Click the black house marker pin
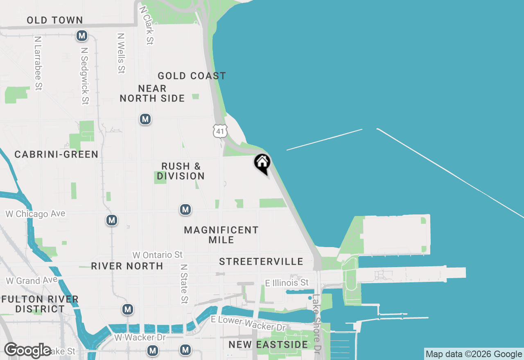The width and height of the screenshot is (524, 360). pyautogui.click(x=262, y=163)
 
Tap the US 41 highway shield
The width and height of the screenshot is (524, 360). pyautogui.click(x=220, y=130)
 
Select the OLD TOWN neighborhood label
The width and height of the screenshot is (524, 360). pyautogui.click(x=54, y=20)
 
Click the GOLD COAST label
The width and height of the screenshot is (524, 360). pyautogui.click(x=192, y=76)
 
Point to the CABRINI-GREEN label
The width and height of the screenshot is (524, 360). pyautogui.click(x=56, y=154)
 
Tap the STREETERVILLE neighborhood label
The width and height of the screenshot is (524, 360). pyautogui.click(x=261, y=261)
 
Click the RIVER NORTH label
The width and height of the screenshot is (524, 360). pyautogui.click(x=127, y=266)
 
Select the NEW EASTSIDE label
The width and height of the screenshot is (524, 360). pyautogui.click(x=268, y=344)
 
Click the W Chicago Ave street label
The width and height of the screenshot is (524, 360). pyautogui.click(x=35, y=214)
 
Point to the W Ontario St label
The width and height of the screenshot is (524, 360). pyautogui.click(x=158, y=255)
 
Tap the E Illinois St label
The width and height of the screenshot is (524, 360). pyautogui.click(x=287, y=283)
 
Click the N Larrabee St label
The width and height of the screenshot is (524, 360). pyautogui.click(x=38, y=63)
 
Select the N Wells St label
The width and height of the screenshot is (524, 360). pyautogui.click(x=121, y=53)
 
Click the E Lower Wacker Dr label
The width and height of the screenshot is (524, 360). pyautogui.click(x=248, y=324)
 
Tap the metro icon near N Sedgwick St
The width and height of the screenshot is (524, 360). pyautogui.click(x=82, y=36)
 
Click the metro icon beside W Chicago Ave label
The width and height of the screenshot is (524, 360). pyautogui.click(x=111, y=220)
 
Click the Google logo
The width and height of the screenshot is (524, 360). pyautogui.click(x=28, y=350)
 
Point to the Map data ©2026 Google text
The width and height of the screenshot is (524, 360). pyautogui.click(x=474, y=354)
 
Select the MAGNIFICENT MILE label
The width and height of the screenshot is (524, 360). pyautogui.click(x=221, y=235)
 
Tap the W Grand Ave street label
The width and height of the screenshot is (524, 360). pyautogui.click(x=29, y=281)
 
